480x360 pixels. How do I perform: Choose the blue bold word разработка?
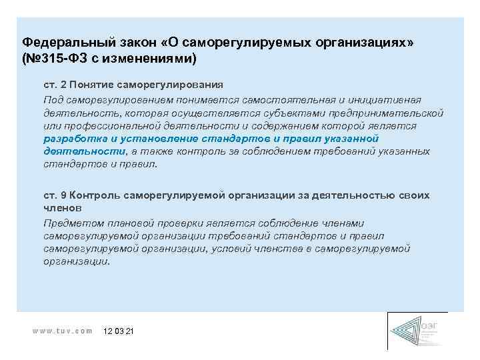[x=69, y=138]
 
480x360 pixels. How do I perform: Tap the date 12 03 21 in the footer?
[x=119, y=331]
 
